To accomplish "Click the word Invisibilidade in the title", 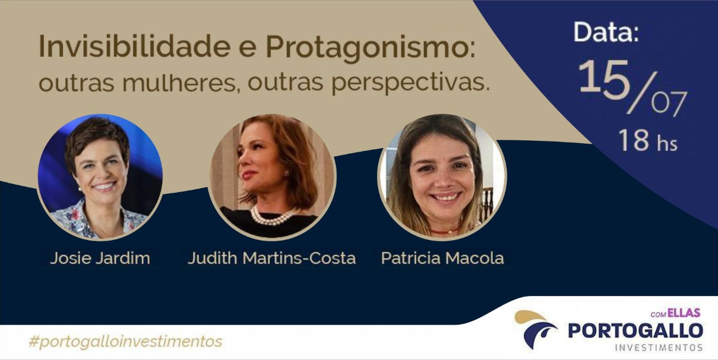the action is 134,47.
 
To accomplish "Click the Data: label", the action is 606,32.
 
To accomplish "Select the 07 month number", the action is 669,103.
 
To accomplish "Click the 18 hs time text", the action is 648,140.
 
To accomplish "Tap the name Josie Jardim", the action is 100,258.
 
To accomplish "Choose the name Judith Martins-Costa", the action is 271,258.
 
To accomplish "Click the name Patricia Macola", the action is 442,258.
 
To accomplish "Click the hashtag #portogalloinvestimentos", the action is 125,341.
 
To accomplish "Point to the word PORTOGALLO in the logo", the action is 635,331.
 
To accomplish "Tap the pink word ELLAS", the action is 684,313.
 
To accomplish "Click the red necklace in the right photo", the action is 444,231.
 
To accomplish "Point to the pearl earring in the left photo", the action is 79,189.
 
